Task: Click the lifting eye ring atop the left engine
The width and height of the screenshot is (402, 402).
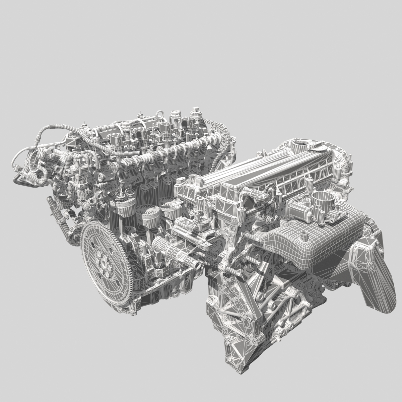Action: (161, 116)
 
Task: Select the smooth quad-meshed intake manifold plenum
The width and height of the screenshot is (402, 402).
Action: (322, 241)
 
